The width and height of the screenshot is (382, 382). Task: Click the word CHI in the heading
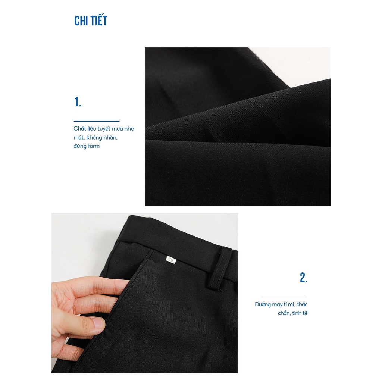(81, 21)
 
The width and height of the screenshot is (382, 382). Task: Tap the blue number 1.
(78, 102)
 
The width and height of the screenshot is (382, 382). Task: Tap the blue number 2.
(304, 278)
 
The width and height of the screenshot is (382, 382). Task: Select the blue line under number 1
(97, 121)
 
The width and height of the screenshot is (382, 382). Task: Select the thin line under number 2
(284, 297)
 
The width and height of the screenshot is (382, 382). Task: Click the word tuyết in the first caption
(104, 129)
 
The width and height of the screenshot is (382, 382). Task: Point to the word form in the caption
(94, 146)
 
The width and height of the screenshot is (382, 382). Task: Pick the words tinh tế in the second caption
(300, 313)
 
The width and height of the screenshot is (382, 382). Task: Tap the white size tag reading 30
(171, 260)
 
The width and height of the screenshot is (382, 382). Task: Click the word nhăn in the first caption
(110, 138)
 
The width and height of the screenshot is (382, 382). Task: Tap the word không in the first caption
(94, 138)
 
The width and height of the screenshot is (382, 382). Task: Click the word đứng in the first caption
(80, 146)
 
